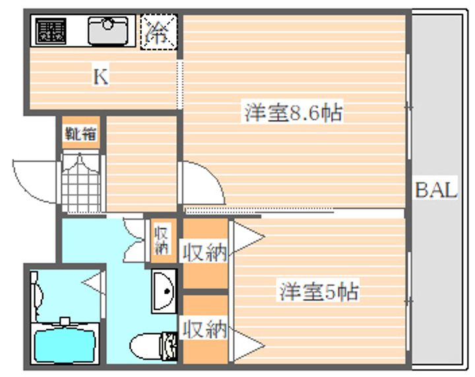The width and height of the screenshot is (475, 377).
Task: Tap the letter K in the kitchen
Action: pos(100,77)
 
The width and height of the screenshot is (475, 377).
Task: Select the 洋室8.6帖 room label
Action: pos(293,113)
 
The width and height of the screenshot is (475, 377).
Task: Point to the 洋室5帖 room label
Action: pos(319,291)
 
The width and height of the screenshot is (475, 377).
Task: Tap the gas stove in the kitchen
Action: pos(51,31)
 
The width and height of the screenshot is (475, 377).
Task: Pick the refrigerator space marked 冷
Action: pos(158,31)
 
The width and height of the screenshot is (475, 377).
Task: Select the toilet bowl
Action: pos(146,345)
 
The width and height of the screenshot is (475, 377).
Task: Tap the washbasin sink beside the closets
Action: pos(163,289)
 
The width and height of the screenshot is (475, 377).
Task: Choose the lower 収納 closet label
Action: pos(205,328)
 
